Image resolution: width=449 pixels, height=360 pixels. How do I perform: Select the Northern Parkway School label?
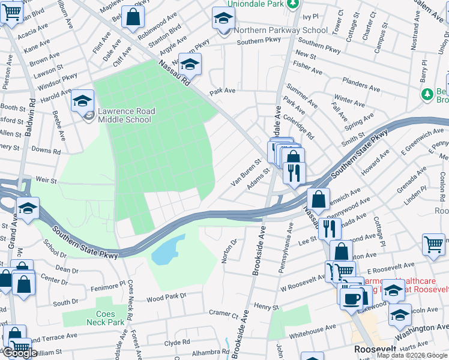(x=281, y=31)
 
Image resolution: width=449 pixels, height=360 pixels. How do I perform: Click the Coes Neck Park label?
(x=110, y=318)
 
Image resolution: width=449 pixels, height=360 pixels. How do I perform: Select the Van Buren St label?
(x=247, y=172)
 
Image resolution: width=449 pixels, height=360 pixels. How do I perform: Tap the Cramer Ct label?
(x=223, y=313)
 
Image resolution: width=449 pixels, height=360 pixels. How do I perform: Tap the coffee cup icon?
(x=351, y=298)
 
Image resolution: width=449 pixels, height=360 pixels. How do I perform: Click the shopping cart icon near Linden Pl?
(x=434, y=244)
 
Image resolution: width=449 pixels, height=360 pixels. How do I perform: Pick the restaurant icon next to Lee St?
(x=330, y=229)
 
